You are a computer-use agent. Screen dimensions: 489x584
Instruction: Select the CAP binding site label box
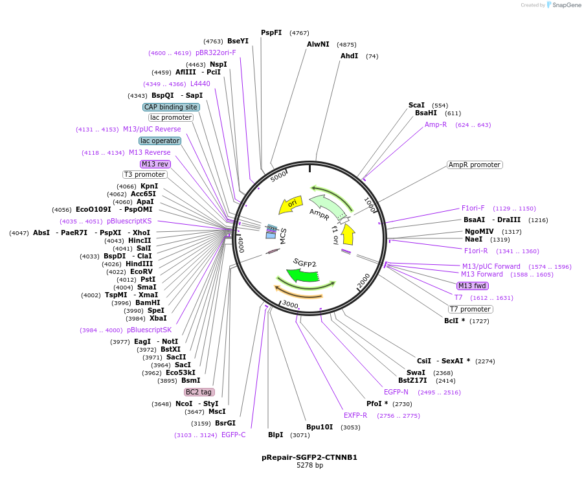tap(171, 107)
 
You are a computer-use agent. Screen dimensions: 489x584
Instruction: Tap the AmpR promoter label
tap(475, 165)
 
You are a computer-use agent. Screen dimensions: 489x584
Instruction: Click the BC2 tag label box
tap(199, 392)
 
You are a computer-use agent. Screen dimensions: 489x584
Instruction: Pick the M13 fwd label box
tap(473, 286)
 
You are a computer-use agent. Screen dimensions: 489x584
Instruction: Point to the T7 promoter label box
tap(471, 309)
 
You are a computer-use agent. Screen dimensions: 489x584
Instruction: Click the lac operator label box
tap(160, 141)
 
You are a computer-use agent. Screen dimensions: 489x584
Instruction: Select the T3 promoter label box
tap(145, 174)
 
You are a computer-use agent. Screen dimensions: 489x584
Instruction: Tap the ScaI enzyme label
tap(416, 105)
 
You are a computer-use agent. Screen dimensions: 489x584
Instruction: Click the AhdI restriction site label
tap(349, 56)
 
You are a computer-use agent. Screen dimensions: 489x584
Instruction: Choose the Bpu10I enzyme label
tap(319, 427)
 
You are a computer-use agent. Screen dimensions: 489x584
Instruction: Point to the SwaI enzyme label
tap(416, 372)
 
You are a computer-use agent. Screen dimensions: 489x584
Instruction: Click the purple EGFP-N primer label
tap(396, 392)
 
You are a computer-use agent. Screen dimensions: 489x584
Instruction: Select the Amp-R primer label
tap(436, 124)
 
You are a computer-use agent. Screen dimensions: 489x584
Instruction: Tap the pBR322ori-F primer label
tap(216, 52)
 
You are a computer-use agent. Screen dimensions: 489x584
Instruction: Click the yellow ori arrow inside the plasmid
tap(291, 205)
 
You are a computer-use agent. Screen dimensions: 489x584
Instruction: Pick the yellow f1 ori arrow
tap(348, 234)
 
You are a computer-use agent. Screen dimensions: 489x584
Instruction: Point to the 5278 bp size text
tap(309, 466)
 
